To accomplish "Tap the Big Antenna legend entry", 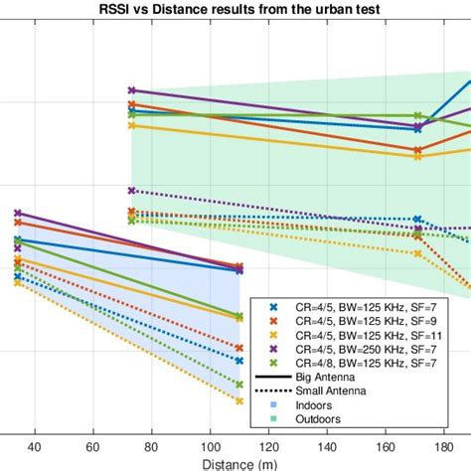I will (x=327, y=378).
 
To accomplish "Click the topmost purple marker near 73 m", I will (x=132, y=90).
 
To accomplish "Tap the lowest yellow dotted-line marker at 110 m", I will (x=239, y=400).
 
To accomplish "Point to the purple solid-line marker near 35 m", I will (x=17, y=213).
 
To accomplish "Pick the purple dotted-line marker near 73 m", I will (x=132, y=190).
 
